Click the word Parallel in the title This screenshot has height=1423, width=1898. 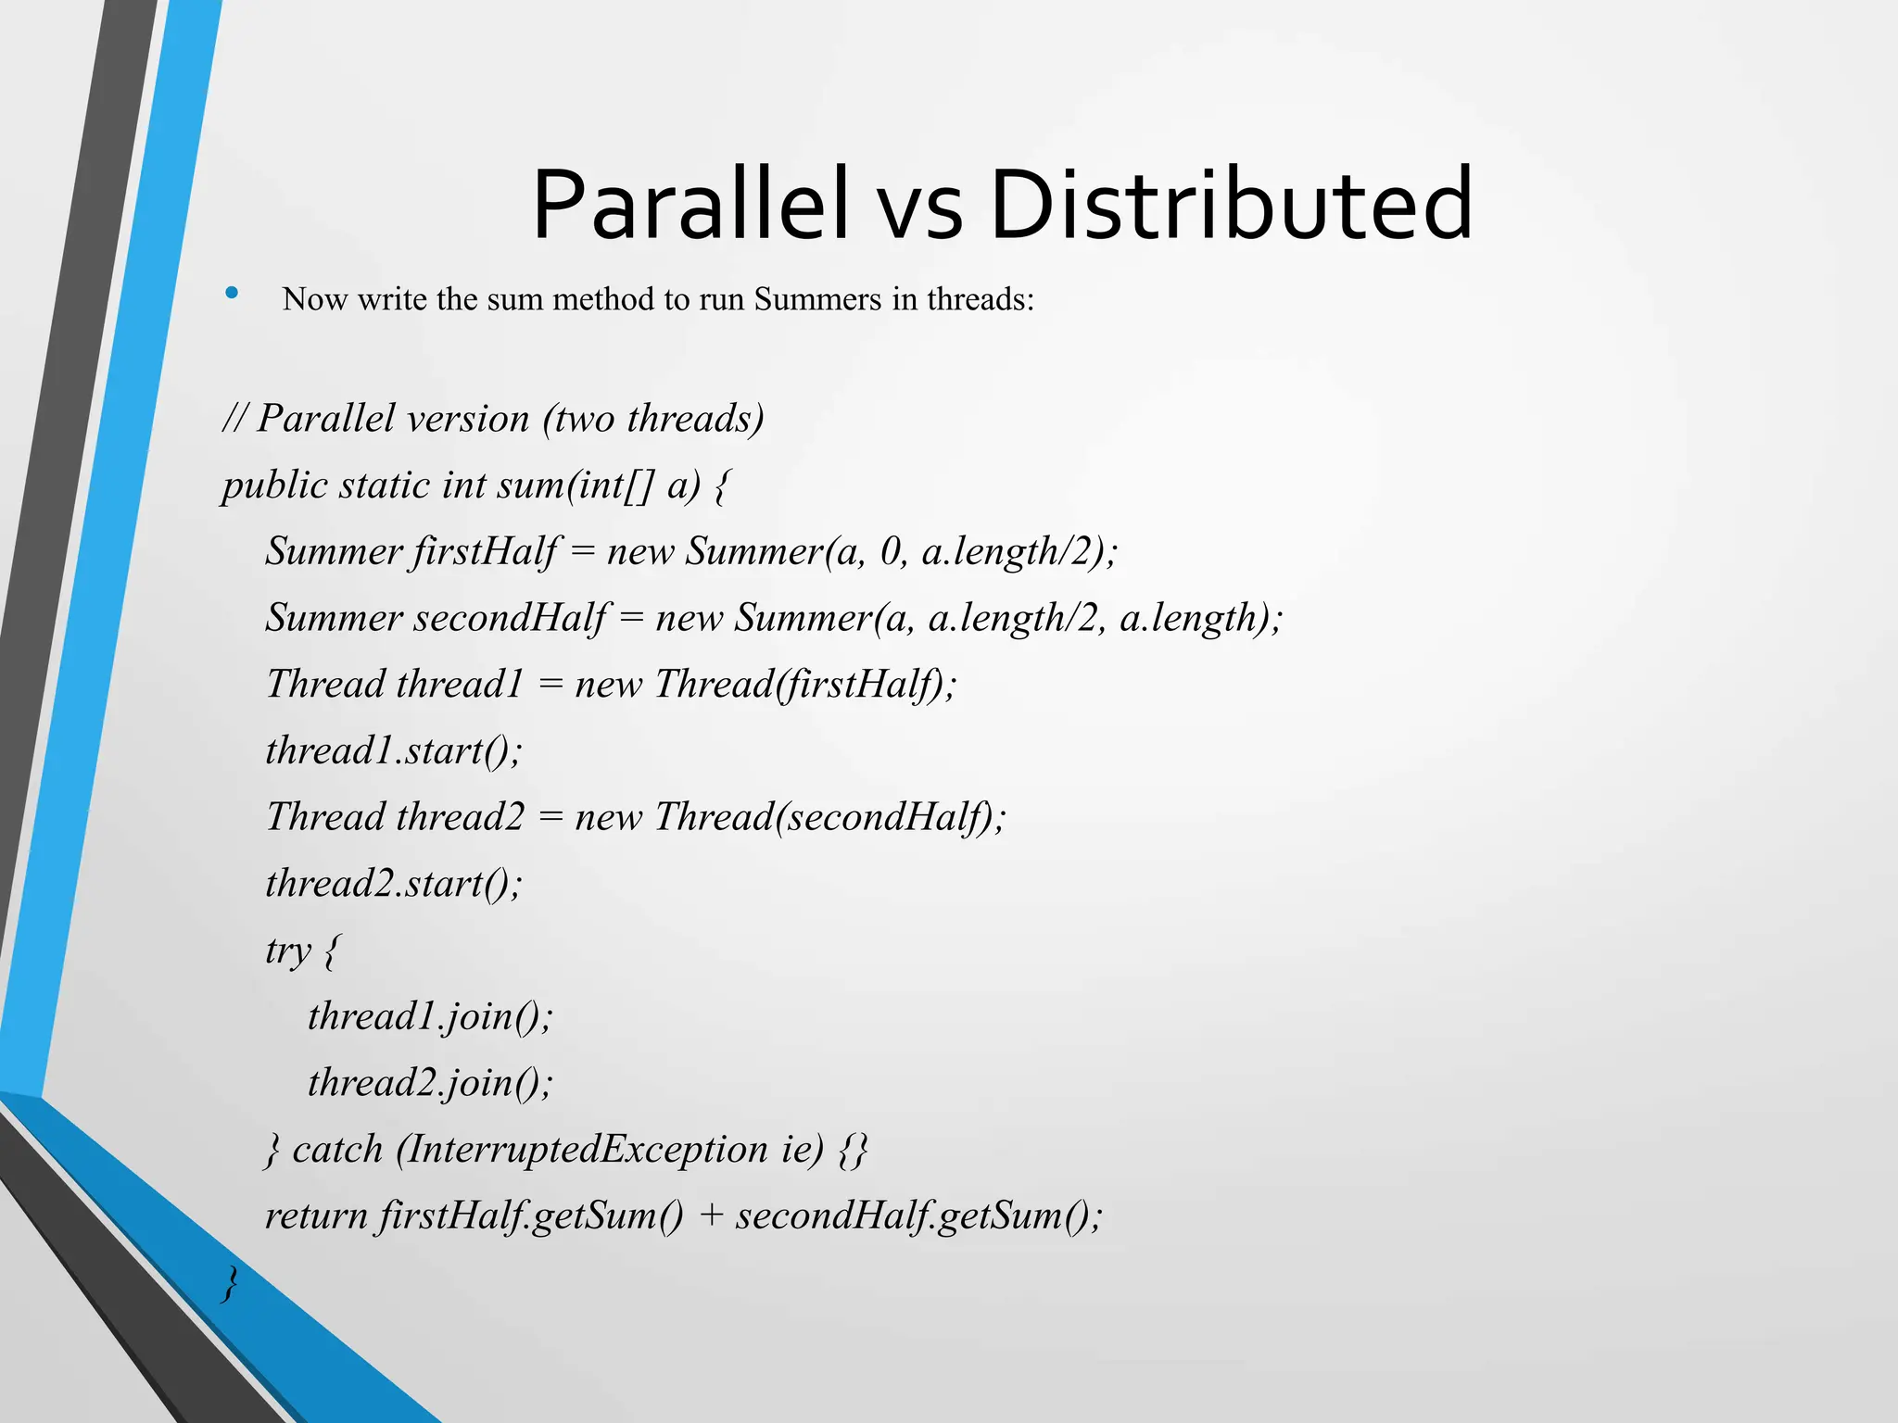pyautogui.click(x=690, y=206)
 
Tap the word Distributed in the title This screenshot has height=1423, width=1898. pyautogui.click(x=1231, y=206)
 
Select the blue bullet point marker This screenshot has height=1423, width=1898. pyautogui.click(x=232, y=295)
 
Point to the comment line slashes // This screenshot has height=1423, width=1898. pyautogui.click(x=234, y=419)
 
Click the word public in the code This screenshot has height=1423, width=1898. pyautogui.click(x=274, y=485)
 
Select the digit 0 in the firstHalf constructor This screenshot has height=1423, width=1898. pyautogui.click(x=891, y=552)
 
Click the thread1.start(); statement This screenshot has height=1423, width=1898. pyautogui.click(x=394, y=750)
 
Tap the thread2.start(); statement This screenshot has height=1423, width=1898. pyautogui.click(x=394, y=884)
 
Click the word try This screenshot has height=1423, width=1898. pyautogui.click(x=288, y=951)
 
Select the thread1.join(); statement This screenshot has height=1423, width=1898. pyautogui.click(x=430, y=1016)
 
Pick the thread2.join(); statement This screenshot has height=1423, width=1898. pyautogui.click(x=430, y=1083)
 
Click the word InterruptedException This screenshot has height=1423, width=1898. pyautogui.click(x=587, y=1150)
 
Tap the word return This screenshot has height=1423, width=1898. pyautogui.click(x=315, y=1216)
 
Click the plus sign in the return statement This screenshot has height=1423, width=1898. pyautogui.click(x=711, y=1216)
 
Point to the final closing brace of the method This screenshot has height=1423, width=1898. pyautogui.click(x=230, y=1284)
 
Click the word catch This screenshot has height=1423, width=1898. pyautogui.click(x=337, y=1150)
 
